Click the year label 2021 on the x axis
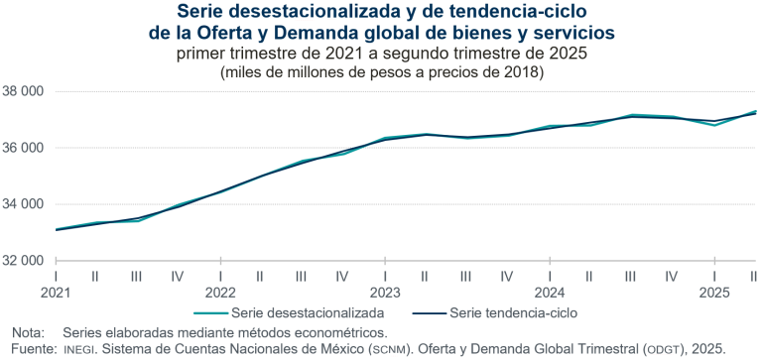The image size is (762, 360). (57, 293)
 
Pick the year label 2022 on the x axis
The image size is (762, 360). (220, 293)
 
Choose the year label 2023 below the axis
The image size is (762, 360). (384, 293)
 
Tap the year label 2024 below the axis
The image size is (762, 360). (549, 293)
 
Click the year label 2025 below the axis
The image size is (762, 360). (713, 293)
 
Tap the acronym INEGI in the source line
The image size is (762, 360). (82, 348)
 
